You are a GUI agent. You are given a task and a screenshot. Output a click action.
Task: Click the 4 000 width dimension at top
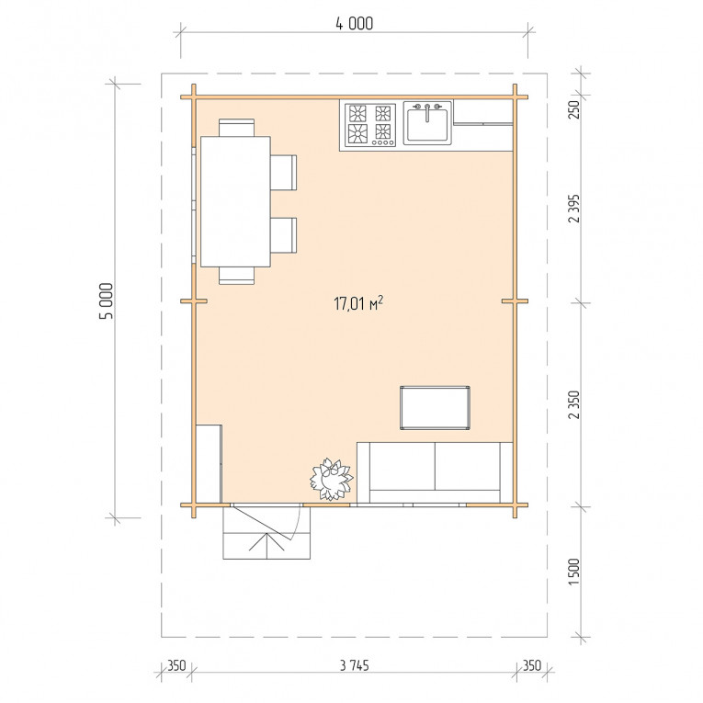coord(354,23)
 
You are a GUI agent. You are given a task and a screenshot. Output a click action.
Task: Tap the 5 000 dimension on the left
coord(107,300)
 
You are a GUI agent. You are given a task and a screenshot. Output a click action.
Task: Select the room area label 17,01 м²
coord(358,303)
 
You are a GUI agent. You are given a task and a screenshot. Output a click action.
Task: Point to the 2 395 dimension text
coord(573,209)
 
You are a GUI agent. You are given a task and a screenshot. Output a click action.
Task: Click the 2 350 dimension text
coord(573,405)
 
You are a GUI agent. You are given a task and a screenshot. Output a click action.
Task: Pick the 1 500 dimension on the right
coord(573,572)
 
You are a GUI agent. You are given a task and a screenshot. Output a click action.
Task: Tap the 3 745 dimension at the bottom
coord(354,665)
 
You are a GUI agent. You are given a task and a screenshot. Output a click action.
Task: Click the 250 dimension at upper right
coord(573,109)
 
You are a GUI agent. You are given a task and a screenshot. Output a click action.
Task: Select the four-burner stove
coord(370,125)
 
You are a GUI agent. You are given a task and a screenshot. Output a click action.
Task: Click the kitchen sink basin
coord(427,124)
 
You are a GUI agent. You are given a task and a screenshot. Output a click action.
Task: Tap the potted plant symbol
coord(332,479)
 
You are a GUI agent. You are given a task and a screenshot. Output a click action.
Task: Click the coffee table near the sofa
coord(435,408)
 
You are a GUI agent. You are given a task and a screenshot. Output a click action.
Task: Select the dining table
coord(235,202)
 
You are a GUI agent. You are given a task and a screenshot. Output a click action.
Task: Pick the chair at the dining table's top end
coord(237,128)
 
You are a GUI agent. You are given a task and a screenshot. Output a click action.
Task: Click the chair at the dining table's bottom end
coord(237,276)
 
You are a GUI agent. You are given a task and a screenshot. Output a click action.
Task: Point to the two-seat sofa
coord(435,472)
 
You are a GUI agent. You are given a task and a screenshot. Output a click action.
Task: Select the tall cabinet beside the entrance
coord(209,463)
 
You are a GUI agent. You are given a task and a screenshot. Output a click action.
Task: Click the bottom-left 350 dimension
coord(176,665)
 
